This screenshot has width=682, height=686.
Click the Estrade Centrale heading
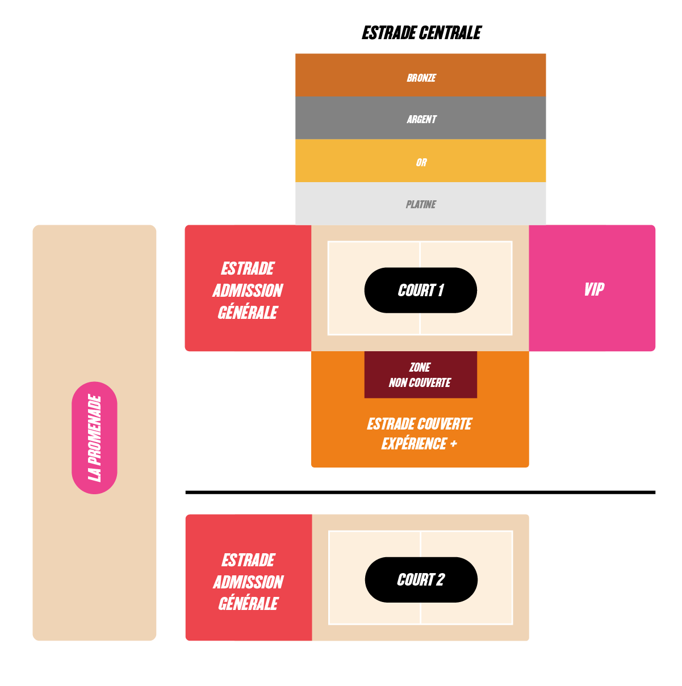coord(421,33)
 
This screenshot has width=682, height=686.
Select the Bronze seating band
coord(420,75)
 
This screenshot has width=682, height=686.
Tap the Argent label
coord(421,119)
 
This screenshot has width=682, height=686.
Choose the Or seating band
coord(420,161)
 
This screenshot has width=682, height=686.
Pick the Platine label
coord(421,204)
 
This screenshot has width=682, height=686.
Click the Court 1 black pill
coord(420,290)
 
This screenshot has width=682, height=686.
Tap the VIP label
coord(594,289)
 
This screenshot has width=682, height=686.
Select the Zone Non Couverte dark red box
coord(420,374)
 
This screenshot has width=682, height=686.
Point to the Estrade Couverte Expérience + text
coord(420,434)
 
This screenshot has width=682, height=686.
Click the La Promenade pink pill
coord(94,438)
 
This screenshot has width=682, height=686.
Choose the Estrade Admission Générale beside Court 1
coord(248,288)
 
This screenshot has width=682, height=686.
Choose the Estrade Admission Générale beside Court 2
coord(249,578)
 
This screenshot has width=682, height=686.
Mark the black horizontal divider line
coord(420,493)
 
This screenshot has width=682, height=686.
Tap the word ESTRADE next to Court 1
coord(248,268)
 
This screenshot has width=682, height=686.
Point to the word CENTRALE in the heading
coord(450,33)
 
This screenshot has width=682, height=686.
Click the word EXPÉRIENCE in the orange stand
coord(414,444)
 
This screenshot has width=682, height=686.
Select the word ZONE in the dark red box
coord(420,367)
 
